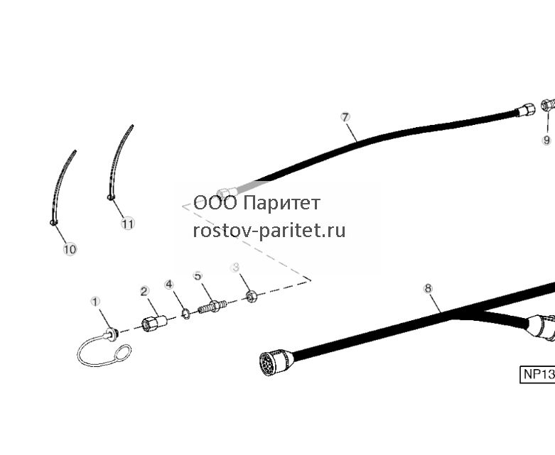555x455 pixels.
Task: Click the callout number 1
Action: [95, 302]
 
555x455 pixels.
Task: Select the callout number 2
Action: [144, 291]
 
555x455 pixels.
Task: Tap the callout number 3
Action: [236, 268]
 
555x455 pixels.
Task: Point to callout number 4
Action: [169, 284]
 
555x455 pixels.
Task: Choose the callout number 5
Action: [198, 275]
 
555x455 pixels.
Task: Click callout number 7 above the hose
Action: [345, 117]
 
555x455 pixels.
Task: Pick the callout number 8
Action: [429, 288]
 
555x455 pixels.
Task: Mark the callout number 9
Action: [547, 140]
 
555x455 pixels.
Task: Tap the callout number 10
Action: [70, 249]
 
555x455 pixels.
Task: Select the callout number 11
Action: [128, 224]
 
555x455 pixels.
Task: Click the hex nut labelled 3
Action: [252, 296]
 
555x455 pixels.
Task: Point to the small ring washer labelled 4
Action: [185, 313]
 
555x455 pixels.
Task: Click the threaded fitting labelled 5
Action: [212, 306]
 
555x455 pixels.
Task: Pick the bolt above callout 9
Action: [548, 105]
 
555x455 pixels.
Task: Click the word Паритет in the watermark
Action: [282, 203]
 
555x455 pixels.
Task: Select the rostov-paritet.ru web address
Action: [269, 231]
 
